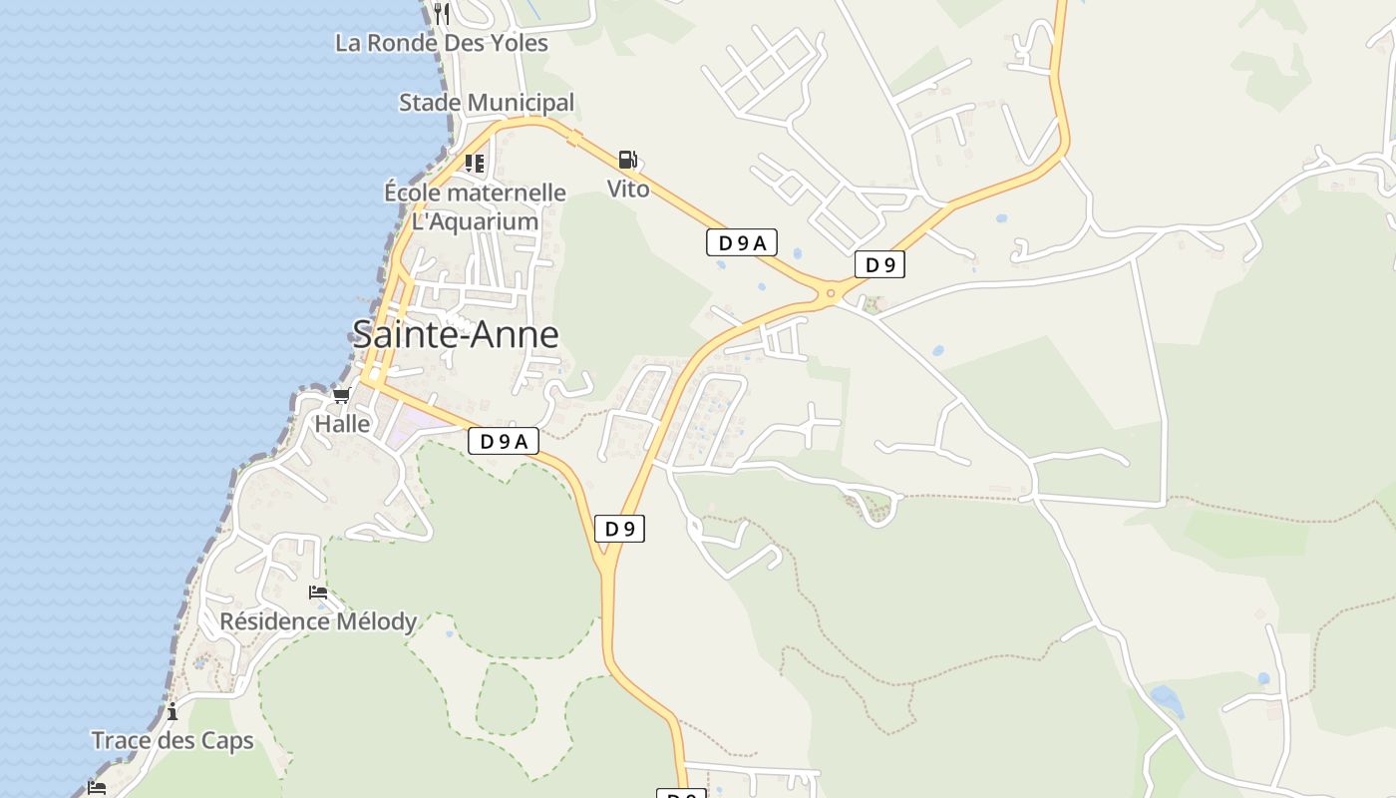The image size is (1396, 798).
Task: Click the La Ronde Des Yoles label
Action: pos(442,43)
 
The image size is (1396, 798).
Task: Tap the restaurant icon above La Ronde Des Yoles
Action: pos(442,13)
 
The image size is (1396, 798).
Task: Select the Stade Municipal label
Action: pos(487,103)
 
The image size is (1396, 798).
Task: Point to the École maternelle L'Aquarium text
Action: pos(475,206)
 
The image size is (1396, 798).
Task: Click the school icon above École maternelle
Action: pos(475,163)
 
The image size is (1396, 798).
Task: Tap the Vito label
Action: pos(628,189)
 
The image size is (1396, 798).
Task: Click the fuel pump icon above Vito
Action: pos(627,160)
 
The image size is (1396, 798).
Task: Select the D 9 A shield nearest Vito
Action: pos(742,242)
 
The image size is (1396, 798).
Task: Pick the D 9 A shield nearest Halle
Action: pos(503,441)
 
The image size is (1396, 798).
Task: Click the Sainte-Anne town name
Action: pos(455,334)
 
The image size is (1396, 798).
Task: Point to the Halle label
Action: pos(342,424)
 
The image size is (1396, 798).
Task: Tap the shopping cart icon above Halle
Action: pos(342,396)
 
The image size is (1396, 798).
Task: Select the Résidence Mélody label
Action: pos(318,621)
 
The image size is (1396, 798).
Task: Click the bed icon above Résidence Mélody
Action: pos(318,593)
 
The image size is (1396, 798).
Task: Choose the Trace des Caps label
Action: pos(173,741)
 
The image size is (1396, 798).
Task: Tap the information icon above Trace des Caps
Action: pos(173,711)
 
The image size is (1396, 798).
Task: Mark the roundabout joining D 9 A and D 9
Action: pos(831,292)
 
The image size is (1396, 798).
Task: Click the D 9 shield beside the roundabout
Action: pos(879,264)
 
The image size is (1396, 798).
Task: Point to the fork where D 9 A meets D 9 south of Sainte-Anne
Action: pos(606,569)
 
